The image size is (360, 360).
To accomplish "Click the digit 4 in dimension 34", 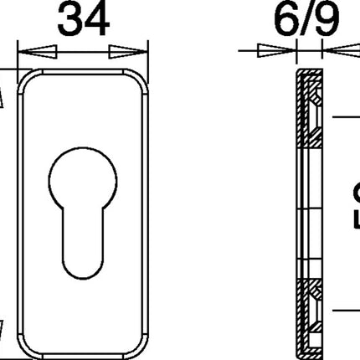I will click(x=96, y=18).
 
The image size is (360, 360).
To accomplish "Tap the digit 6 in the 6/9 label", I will click(x=265, y=18).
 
